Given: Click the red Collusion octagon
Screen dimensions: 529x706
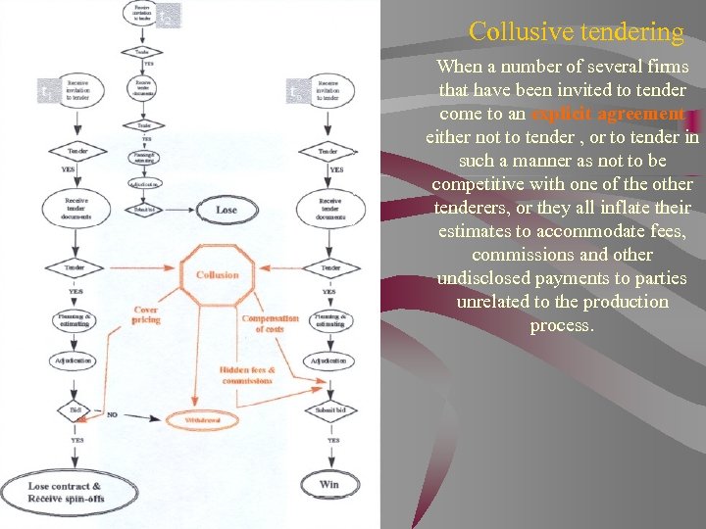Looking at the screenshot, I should click(217, 275).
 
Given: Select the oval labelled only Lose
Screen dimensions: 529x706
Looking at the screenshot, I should click(227, 210).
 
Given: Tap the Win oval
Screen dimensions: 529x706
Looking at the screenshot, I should click(329, 484).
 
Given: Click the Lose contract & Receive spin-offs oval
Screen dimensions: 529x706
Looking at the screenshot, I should click(65, 493).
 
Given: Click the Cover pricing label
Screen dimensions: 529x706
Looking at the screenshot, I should click(145, 315).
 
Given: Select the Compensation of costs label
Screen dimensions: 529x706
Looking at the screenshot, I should click(270, 324).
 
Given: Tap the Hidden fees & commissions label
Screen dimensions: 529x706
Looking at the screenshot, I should click(247, 375).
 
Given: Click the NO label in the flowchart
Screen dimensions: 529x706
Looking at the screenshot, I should click(112, 414).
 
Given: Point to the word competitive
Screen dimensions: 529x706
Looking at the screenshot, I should click(479, 184).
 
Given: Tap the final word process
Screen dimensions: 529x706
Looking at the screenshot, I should click(561, 325).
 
